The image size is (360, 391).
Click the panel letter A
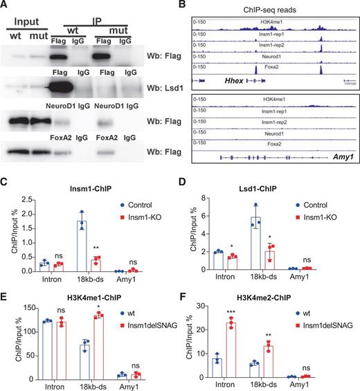coord(6,6)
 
